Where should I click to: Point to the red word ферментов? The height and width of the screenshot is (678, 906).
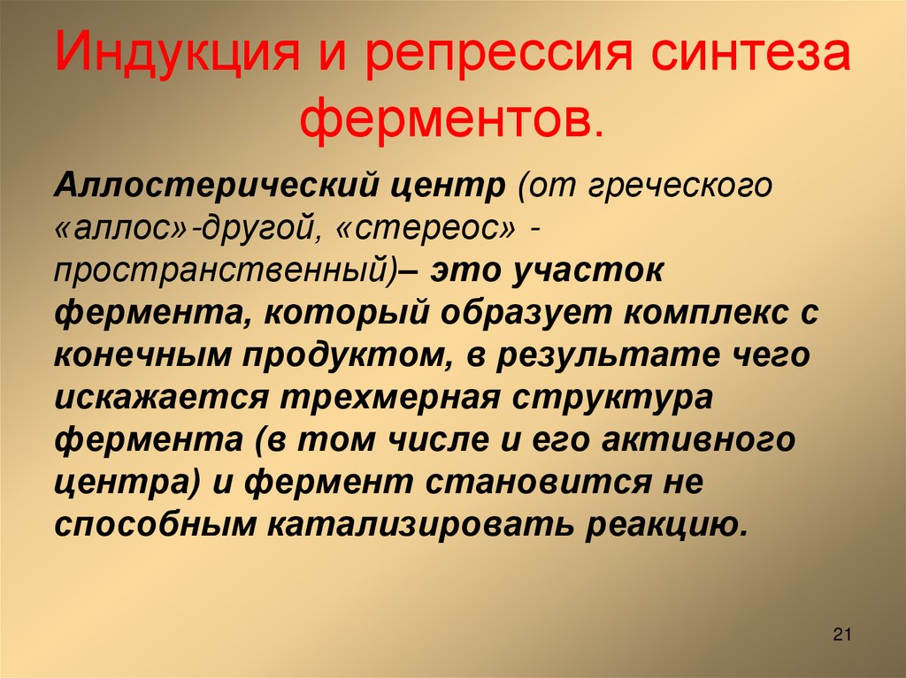(x=450, y=121)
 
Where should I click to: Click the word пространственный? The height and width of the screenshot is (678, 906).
(x=226, y=271)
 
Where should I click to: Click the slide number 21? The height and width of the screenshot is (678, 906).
(x=841, y=634)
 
